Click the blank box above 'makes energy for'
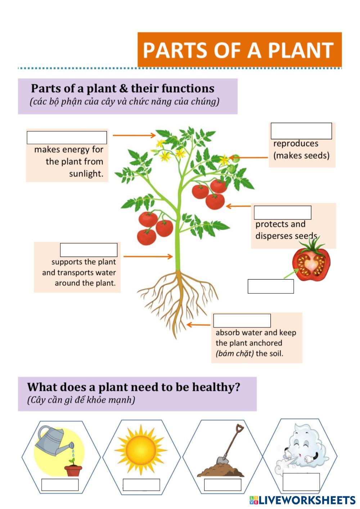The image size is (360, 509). [x=67, y=138]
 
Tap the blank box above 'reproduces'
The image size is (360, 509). [x=301, y=131]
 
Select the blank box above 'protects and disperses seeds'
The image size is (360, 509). [x=282, y=212]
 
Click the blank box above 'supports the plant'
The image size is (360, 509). [x=89, y=250]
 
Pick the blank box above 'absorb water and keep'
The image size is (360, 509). [x=242, y=320]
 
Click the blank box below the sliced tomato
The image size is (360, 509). [x=270, y=286]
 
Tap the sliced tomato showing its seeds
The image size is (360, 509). [x=311, y=262]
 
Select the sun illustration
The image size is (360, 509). [x=141, y=450]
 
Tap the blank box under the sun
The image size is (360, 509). [x=141, y=485]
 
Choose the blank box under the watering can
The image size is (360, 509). [x=60, y=485]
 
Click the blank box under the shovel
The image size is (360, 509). [x=222, y=485]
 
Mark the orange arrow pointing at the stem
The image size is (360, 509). [x=148, y=257]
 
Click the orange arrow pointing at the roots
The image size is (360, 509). [x=198, y=325]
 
